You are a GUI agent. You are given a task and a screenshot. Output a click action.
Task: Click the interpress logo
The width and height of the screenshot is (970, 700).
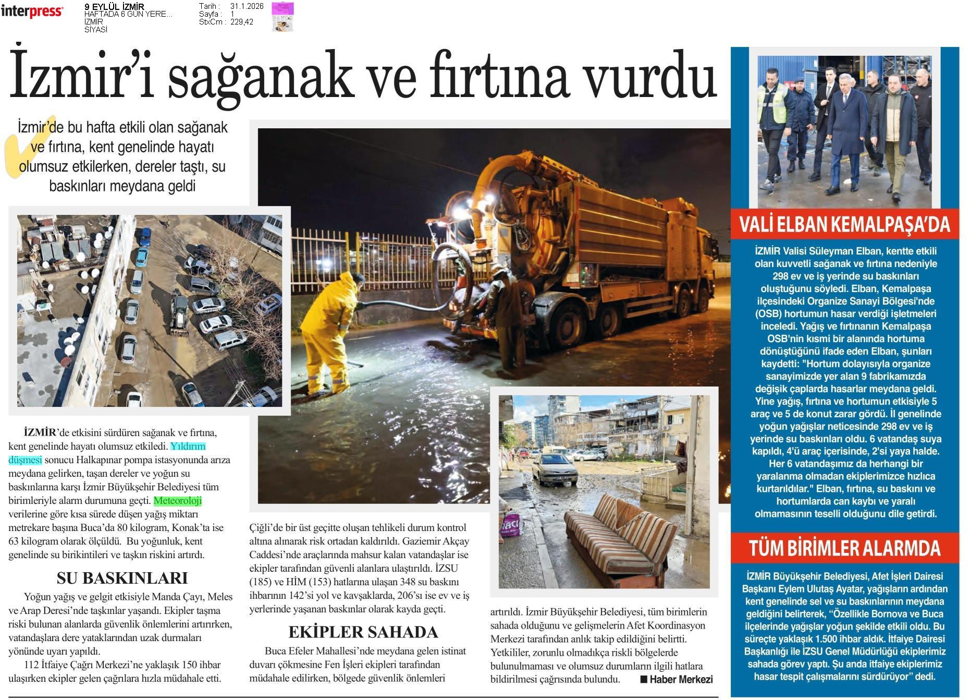point(32,11)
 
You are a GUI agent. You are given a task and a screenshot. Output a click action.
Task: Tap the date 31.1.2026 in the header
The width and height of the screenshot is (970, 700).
point(247,6)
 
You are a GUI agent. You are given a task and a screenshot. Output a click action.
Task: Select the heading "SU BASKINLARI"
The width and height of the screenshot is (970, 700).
point(122,578)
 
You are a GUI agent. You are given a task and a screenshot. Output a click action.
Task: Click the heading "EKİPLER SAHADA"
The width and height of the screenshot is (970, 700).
point(363,632)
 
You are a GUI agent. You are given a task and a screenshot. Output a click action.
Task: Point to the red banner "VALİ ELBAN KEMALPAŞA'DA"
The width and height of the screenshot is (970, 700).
point(844,224)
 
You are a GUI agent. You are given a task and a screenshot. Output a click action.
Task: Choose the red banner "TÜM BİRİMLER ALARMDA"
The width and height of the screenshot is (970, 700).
point(844,548)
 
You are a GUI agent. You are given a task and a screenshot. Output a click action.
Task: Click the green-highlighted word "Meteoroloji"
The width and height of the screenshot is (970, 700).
point(178,501)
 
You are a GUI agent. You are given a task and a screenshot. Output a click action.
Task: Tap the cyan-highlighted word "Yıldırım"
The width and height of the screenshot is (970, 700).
point(188,446)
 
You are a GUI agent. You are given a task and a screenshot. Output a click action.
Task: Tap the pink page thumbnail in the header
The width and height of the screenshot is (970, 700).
point(283,16)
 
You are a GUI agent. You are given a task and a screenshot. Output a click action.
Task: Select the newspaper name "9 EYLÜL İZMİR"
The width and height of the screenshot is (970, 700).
point(114,6)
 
